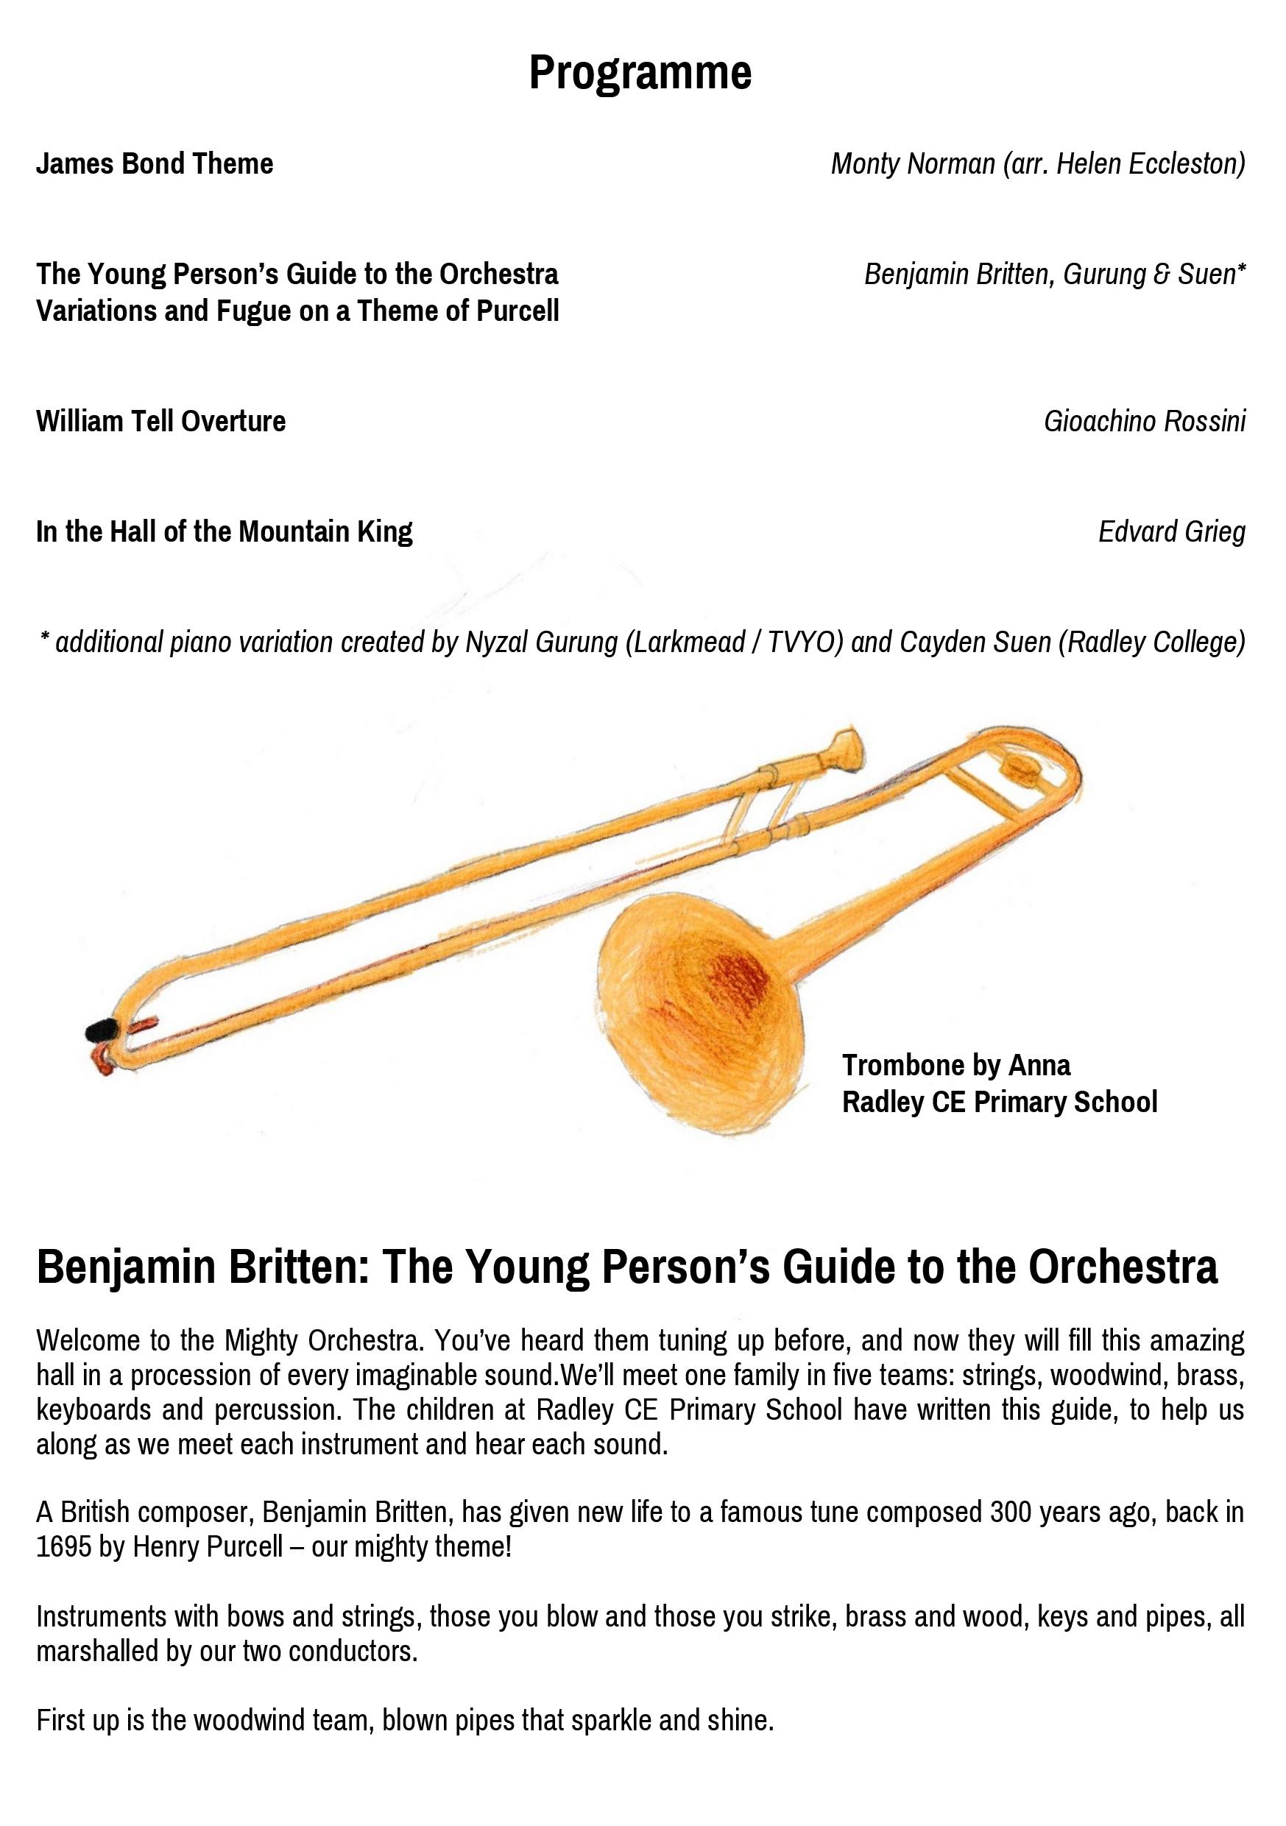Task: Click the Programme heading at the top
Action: tap(640, 73)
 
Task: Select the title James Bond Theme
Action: tap(155, 164)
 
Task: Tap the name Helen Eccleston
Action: tap(1148, 164)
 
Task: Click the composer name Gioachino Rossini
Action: tap(1145, 422)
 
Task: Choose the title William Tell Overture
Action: tap(160, 422)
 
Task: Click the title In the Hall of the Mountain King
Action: tap(225, 531)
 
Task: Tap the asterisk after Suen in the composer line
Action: tap(1241, 272)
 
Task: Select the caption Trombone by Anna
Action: tap(956, 1065)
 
